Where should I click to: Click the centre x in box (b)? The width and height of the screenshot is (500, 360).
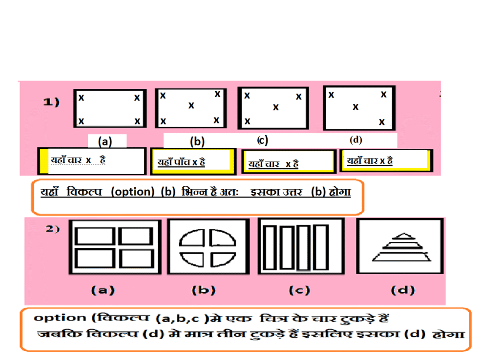click(x=191, y=105)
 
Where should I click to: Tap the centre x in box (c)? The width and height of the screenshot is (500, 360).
click(x=276, y=107)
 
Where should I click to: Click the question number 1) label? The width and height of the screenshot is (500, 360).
click(x=51, y=102)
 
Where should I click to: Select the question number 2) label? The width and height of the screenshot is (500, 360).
click(x=53, y=229)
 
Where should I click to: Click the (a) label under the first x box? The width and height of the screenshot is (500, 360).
click(x=105, y=141)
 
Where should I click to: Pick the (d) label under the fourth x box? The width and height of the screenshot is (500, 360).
click(x=356, y=140)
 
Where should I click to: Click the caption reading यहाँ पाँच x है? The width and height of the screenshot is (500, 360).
click(x=181, y=162)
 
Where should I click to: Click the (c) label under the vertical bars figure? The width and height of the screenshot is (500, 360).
click(x=299, y=290)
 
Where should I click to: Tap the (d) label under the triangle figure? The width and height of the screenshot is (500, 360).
click(x=403, y=290)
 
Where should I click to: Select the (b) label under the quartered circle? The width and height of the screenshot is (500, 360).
click(x=204, y=290)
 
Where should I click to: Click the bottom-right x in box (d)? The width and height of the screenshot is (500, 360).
click(x=382, y=122)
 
